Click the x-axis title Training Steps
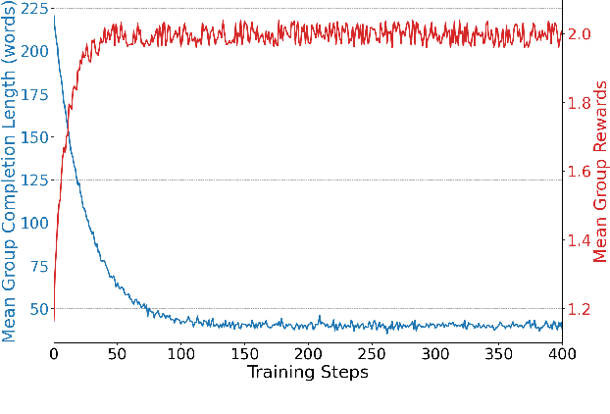(x=307, y=372)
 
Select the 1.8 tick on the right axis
(x=580, y=103)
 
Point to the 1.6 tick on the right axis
(x=580, y=172)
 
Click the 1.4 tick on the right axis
(x=580, y=240)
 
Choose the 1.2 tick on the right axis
(x=580, y=309)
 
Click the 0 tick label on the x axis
(x=54, y=353)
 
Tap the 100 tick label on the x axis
(x=180, y=353)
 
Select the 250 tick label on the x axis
(x=371, y=353)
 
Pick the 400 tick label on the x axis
(x=561, y=353)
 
